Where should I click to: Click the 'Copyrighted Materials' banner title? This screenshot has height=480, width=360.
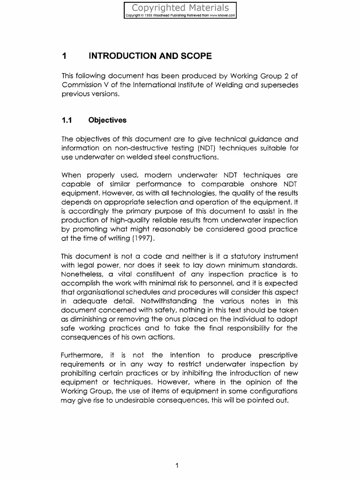pyautogui.click(x=180, y=7)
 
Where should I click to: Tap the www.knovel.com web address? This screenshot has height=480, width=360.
pyautogui.click(x=221, y=15)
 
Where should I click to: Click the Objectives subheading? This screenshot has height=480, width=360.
pyautogui.click(x=107, y=120)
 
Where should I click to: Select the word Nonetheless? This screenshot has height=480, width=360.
pyautogui.click(x=82, y=274)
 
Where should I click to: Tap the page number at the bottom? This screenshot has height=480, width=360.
pyautogui.click(x=177, y=465)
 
